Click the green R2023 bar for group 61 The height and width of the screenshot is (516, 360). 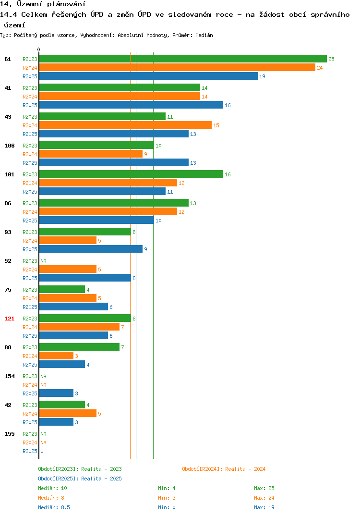183,59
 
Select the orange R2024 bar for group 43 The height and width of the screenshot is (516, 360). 125,125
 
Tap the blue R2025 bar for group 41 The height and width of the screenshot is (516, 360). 131,105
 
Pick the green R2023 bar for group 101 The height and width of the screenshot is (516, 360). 131,174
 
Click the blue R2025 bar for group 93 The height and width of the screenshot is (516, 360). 91,249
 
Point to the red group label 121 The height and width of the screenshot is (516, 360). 10,319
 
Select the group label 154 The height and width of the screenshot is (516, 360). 10,376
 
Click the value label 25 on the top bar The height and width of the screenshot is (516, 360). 331,59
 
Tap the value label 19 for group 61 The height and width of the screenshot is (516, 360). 262,76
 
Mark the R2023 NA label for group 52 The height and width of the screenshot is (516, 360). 43,261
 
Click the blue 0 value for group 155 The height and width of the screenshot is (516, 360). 42,451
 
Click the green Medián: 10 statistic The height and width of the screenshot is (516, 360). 53,488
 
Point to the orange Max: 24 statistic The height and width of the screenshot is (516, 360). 264,498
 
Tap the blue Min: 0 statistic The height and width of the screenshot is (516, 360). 167,507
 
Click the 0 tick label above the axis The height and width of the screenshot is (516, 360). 39,49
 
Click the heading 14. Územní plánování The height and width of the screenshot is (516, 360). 43,4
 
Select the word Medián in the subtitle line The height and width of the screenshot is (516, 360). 204,35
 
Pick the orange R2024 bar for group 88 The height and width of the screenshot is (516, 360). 56,356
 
